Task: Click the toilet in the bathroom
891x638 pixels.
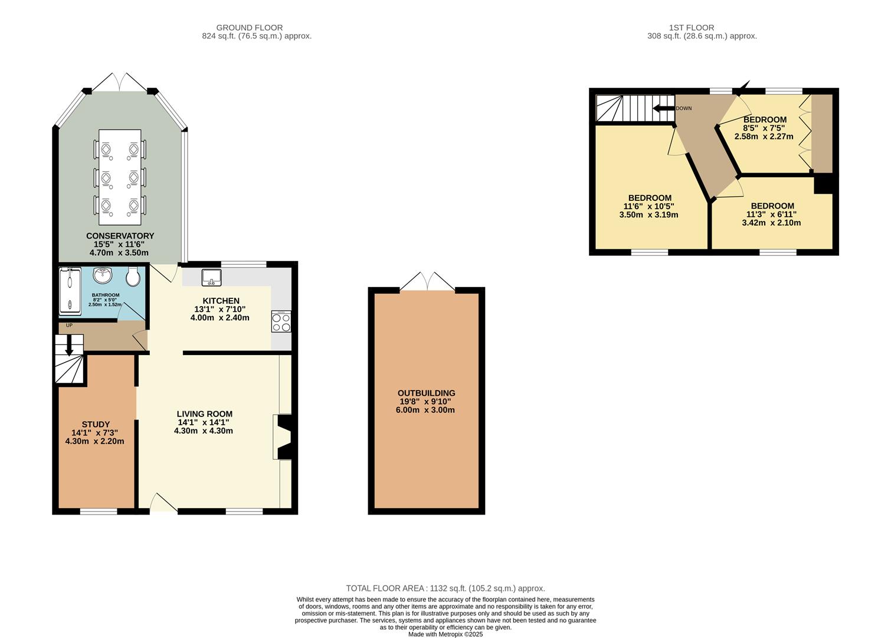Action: [x=133, y=276]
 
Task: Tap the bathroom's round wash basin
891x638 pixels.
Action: [x=103, y=275]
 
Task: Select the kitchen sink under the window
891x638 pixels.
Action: [x=212, y=277]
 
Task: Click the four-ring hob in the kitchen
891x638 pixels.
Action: [x=281, y=321]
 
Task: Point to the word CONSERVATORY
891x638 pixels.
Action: [x=120, y=236]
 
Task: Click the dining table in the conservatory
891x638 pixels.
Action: [x=120, y=177]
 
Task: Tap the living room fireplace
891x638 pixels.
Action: [x=283, y=437]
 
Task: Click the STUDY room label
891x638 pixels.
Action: [x=96, y=425]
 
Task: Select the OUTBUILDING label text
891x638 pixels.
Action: [x=427, y=393]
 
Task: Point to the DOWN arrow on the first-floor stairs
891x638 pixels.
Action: [x=663, y=108]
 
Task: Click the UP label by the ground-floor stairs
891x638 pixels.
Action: [x=69, y=325]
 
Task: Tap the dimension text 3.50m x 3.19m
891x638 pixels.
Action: [x=648, y=214]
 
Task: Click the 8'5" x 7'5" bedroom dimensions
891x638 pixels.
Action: [x=764, y=128]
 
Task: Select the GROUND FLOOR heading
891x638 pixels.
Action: [x=250, y=28]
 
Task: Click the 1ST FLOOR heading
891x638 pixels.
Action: [x=692, y=28]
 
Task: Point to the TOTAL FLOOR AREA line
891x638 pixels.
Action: [x=446, y=588]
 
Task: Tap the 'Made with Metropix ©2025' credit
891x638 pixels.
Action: [x=446, y=634]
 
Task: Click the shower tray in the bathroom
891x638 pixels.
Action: [x=70, y=291]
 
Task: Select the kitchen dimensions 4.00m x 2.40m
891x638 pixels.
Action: [x=220, y=318]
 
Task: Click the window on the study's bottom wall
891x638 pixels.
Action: [x=99, y=512]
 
